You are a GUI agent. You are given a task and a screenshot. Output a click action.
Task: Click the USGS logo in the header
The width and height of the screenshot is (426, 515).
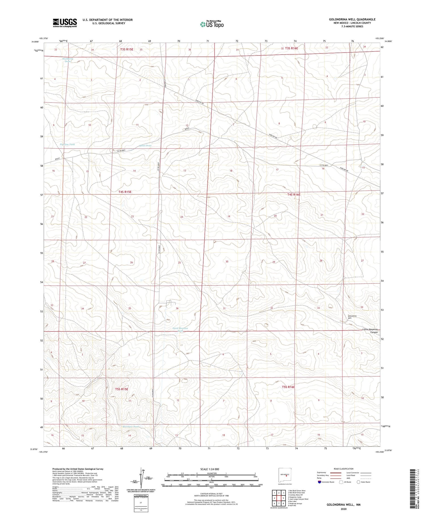point(65,23)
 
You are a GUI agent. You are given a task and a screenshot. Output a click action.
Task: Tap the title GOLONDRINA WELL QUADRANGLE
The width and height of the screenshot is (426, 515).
point(352,19)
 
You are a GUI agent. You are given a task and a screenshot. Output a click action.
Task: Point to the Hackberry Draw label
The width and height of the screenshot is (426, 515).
point(68,60)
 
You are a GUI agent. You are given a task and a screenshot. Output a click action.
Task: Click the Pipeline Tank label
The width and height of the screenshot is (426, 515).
point(67,145)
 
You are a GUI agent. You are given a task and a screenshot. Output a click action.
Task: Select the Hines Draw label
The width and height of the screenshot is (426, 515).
point(145,145)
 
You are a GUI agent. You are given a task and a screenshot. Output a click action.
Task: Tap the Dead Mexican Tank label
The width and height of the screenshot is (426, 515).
point(180,330)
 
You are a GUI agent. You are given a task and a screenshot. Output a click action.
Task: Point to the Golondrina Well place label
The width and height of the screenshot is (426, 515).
point(352,317)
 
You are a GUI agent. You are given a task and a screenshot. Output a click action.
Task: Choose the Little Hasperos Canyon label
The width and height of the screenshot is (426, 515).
point(371,331)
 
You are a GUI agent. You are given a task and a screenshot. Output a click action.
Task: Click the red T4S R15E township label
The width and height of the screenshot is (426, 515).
point(125,192)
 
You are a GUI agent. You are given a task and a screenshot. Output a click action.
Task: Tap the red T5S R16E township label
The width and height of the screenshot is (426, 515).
point(289,387)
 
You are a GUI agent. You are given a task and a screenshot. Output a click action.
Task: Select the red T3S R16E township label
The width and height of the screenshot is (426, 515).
point(291,48)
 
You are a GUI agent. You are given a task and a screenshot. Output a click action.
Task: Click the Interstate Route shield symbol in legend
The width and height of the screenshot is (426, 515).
point(319,482)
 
